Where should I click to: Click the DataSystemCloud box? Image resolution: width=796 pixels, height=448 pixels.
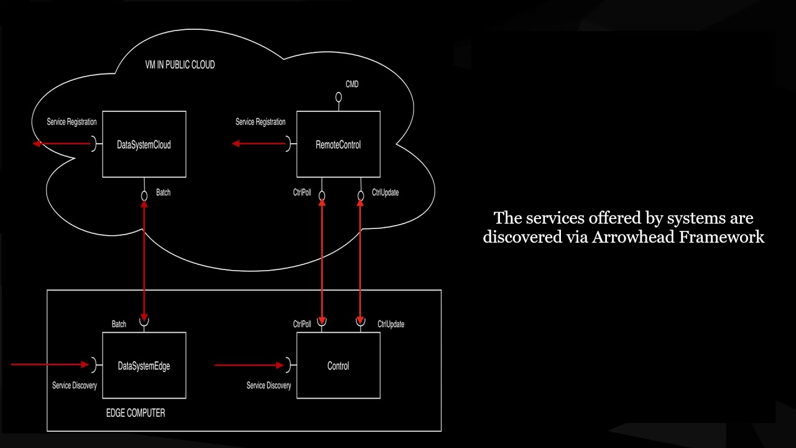144,144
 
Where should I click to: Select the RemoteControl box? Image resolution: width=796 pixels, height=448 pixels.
338,144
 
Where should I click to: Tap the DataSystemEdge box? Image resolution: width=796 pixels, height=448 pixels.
144,366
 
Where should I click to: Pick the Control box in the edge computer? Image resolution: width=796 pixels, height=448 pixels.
338,366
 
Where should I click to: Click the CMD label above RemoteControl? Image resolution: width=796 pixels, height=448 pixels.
352,84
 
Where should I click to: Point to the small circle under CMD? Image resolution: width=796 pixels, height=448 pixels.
339,97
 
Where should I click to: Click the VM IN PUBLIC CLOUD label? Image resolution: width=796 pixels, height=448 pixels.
180,65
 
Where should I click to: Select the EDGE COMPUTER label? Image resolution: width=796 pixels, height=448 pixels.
136,413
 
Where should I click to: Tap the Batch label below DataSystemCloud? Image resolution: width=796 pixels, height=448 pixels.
163,193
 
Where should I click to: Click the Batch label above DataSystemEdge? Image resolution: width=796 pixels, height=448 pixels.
119,324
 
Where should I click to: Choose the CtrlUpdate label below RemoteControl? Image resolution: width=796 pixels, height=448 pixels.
386,193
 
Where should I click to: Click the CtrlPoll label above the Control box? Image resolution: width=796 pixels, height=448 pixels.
302,324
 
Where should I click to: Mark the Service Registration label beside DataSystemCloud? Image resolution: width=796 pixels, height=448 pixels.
72,122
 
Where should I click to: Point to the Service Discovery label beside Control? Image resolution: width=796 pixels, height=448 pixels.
269,386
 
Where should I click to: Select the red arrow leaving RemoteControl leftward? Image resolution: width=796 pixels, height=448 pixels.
259,144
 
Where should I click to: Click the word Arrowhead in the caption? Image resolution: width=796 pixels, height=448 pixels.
633,237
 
